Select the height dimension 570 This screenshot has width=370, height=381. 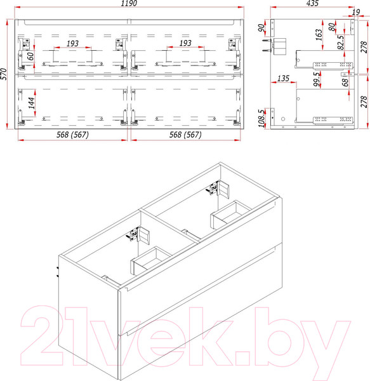(x=5, y=73)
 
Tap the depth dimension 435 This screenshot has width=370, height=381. (x=312, y=4)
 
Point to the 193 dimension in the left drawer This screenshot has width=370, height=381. (x=72, y=43)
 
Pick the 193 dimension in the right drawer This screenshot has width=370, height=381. (x=185, y=43)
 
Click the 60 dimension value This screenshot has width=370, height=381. (x=30, y=56)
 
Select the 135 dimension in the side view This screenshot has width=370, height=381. (x=282, y=79)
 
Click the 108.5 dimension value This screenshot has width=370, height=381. (x=261, y=118)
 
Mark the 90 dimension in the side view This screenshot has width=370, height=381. (x=261, y=29)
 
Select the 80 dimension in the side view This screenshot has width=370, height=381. (x=332, y=28)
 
